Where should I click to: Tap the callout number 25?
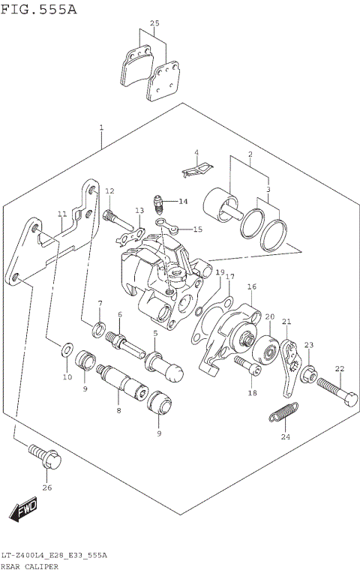[154, 24]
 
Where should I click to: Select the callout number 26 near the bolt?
[48, 487]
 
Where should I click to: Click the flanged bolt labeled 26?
[42, 454]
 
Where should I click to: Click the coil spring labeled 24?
[283, 414]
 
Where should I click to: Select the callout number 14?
[183, 201]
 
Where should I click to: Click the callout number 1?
[100, 128]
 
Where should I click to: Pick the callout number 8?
[118, 410]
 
